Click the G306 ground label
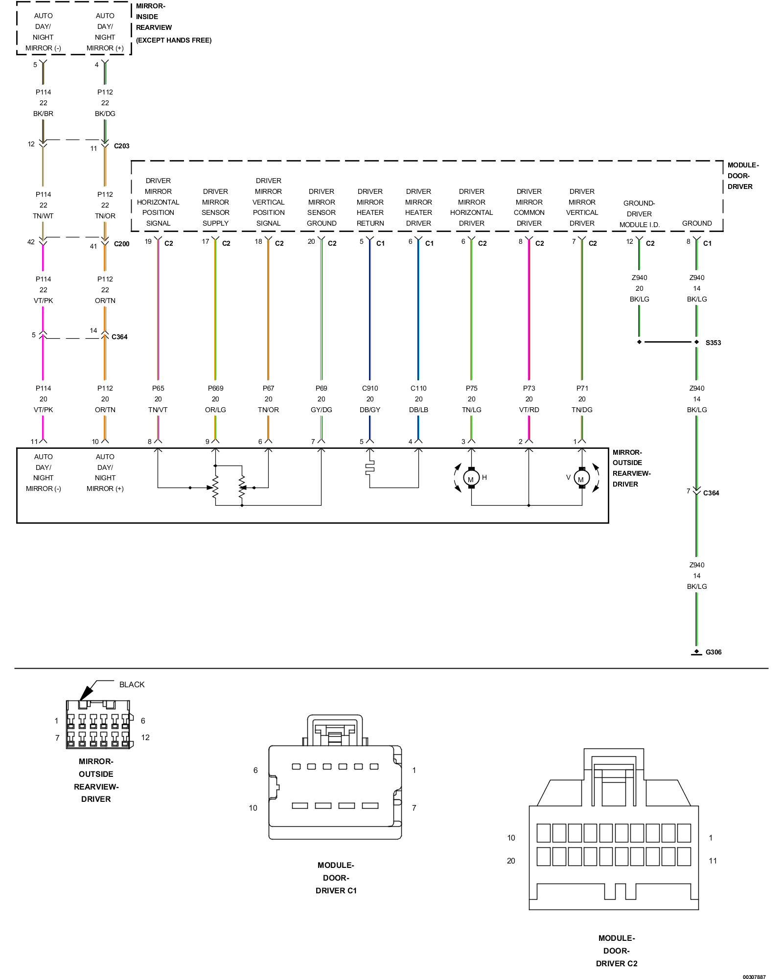tap(713, 652)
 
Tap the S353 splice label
tap(713, 343)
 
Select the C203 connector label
tap(122, 146)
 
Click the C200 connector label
tap(122, 244)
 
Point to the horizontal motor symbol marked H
tap(471, 478)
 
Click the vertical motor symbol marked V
tap(581, 478)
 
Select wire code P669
tap(215, 388)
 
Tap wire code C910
tap(370, 388)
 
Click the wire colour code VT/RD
tap(529, 410)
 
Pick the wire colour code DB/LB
tap(418, 410)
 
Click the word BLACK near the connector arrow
tap(132, 684)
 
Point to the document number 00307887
tap(754, 977)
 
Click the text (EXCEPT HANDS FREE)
tap(174, 40)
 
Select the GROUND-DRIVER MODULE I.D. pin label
tap(639, 214)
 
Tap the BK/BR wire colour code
tap(44, 114)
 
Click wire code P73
tap(529, 388)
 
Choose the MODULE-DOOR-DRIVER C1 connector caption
tap(336, 878)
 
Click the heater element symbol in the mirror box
tap(370, 468)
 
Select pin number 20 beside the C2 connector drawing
tap(511, 861)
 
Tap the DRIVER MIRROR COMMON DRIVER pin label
tap(529, 207)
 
